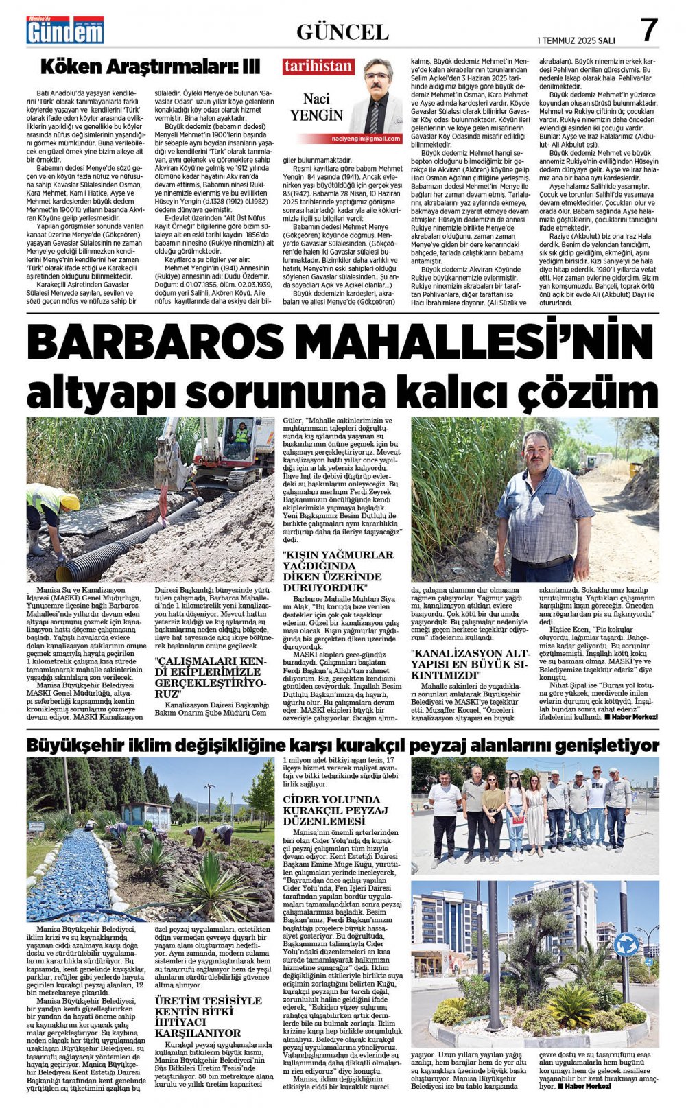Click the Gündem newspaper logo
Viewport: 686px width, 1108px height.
[65, 30]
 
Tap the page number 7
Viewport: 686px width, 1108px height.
[648, 31]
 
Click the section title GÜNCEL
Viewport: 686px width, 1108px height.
[342, 32]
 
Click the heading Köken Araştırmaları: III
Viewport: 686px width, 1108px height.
[150, 67]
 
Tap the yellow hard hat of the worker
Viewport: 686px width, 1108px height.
[71, 502]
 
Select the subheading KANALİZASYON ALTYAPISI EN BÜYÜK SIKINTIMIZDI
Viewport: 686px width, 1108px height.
[470, 663]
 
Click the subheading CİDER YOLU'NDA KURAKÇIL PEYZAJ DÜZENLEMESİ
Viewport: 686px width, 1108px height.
[335, 810]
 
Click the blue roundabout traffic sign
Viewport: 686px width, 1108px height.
[625, 945]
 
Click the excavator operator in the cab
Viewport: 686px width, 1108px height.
[242, 433]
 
